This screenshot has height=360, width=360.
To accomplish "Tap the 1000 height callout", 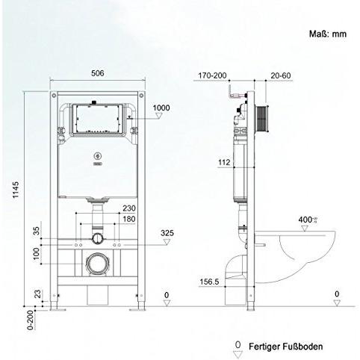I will click(161, 107).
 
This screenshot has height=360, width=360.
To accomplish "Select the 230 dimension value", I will click(128, 208).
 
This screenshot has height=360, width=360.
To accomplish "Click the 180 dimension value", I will click(128, 219).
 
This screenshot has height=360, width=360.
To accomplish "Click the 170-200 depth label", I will click(212, 75).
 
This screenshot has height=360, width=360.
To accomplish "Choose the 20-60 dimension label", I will click(281, 75).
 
